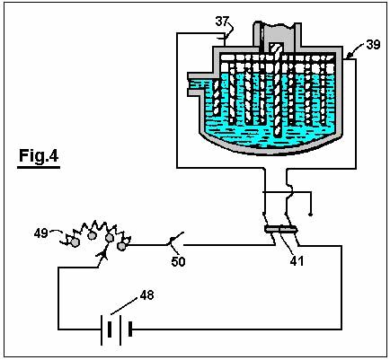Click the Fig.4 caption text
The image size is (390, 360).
[39, 155]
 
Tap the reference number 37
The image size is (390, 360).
[222, 22]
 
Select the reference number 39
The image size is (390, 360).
[373, 45]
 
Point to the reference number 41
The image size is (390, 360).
[297, 261]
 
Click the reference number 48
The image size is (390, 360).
[146, 295]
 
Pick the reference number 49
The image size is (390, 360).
[40, 233]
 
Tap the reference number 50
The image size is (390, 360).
[178, 262]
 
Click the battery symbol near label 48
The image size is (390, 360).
[116, 329]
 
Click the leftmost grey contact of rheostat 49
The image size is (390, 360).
[75, 242]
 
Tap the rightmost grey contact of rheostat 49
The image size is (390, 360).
[121, 246]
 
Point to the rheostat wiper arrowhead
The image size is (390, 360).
[103, 254]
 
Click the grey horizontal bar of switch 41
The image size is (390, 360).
[280, 230]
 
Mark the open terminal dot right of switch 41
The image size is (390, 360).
[311, 215]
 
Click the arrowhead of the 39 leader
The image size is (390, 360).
[348, 56]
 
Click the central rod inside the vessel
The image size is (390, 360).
[277, 90]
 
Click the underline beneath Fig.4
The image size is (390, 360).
[39, 167]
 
